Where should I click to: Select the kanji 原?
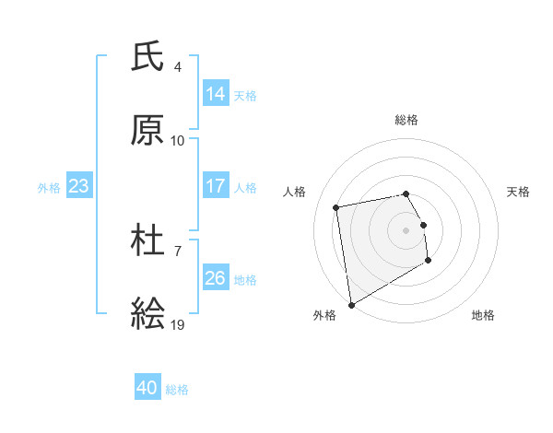pyautogui.click(x=147, y=130)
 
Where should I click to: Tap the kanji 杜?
pyautogui.click(x=147, y=242)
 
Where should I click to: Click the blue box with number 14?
pyautogui.click(x=216, y=93)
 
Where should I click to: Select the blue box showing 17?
pyautogui.click(x=216, y=186)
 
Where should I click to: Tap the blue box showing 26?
pyautogui.click(x=216, y=278)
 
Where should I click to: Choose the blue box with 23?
pyautogui.click(x=78, y=186)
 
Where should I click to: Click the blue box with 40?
pyautogui.click(x=147, y=388)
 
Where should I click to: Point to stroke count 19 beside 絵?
pyautogui.click(x=178, y=325)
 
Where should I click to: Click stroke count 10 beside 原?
pyautogui.click(x=178, y=141)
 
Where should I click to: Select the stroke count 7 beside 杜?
pyautogui.click(x=178, y=251)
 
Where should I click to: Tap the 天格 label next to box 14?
pyautogui.click(x=245, y=95)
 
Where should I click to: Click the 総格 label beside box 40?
pyautogui.click(x=178, y=390)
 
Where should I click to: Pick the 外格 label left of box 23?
pyautogui.click(x=49, y=187)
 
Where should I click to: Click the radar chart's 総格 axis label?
pyautogui.click(x=406, y=120)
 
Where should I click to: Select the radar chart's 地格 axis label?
pyautogui.click(x=483, y=315)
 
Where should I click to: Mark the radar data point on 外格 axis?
pyautogui.click(x=351, y=304)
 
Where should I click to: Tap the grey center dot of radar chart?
pyautogui.click(x=406, y=229)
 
